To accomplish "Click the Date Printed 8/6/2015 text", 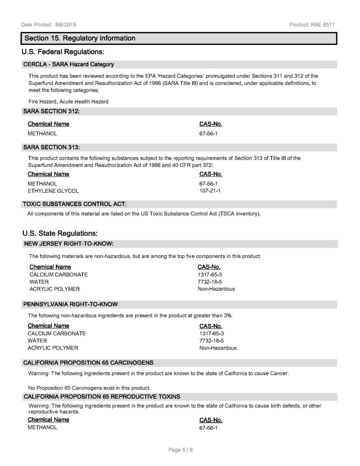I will (48, 25).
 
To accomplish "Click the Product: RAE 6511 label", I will (312, 25).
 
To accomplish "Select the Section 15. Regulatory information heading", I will (80, 38).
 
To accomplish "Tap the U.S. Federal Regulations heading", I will (63, 52).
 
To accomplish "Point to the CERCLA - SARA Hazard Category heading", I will (69, 64).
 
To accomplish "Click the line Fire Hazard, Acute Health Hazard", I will (69, 101).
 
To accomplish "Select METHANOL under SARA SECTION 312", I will (43, 133).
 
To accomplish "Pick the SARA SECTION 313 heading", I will (51, 147).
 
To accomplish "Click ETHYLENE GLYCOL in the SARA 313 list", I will (53, 191).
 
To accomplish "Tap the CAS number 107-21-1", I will (210, 191).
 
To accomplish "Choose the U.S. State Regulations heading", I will (60, 234).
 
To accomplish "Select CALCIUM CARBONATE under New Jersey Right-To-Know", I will (59, 274).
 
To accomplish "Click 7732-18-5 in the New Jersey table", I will (210, 282).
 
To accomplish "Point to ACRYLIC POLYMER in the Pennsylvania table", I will (53, 348).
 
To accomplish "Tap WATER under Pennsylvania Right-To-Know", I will (37, 340).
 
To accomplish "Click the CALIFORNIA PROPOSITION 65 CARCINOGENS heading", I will (88, 363).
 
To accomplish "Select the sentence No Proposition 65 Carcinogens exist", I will (89, 388).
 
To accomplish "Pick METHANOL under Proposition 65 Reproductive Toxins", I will (43, 427).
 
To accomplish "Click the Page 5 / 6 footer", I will (181, 450).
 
